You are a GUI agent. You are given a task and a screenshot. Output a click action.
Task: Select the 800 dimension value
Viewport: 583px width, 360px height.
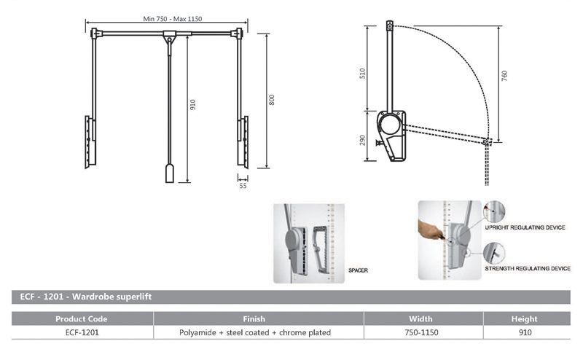(271, 101)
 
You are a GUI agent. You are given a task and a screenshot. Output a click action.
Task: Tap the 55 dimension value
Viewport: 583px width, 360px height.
(243, 186)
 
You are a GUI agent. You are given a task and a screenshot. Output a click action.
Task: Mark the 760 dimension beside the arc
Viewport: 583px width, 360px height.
(504, 76)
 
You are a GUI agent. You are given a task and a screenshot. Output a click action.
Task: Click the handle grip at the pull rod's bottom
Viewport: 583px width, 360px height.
(169, 173)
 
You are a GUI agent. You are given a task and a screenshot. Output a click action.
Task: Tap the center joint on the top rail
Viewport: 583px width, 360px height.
(169, 34)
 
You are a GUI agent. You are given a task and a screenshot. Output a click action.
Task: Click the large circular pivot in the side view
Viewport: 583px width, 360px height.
(389, 123)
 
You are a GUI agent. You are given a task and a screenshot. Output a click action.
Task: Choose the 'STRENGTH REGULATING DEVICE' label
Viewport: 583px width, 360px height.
(528, 269)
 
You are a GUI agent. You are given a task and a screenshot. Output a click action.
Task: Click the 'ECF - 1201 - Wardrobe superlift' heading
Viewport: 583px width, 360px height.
(82, 297)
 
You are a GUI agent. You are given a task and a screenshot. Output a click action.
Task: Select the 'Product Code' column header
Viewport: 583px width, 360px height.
(82, 318)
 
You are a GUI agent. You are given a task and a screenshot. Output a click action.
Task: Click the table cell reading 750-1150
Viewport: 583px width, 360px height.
(421, 332)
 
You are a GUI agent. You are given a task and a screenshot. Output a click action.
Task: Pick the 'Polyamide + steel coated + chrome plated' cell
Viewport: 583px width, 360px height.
(255, 332)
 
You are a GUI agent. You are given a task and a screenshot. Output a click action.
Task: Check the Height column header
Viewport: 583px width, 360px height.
(525, 318)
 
